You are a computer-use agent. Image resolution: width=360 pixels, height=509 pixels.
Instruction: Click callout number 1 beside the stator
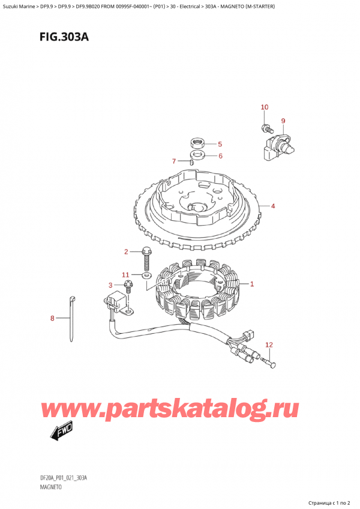click(x=252, y=284)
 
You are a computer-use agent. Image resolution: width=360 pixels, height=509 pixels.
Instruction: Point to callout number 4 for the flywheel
click(x=272, y=206)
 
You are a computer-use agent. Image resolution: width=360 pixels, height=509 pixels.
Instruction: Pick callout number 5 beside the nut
click(x=220, y=144)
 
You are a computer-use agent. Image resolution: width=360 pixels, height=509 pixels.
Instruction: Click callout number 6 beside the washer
click(x=220, y=156)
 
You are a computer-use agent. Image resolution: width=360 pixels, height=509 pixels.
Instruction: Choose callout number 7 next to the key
click(x=174, y=161)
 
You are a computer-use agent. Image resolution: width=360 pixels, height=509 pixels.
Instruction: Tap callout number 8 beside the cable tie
click(x=52, y=318)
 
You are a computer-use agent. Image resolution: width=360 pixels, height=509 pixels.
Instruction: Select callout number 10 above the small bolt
click(x=265, y=107)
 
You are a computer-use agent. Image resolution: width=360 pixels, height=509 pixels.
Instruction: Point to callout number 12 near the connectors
click(x=269, y=345)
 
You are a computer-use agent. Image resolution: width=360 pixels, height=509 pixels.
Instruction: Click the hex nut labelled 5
click(x=195, y=143)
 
